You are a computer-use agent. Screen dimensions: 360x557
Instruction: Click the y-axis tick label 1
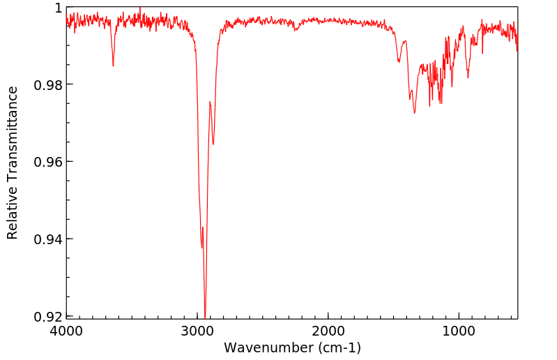[x=59, y=8]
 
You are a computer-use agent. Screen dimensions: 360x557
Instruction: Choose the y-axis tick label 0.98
[x=49, y=84]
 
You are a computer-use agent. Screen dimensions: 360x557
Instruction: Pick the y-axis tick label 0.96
[x=49, y=162]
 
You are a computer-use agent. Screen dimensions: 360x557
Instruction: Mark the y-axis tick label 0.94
[x=49, y=239]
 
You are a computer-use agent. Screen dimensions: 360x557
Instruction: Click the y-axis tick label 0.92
[x=49, y=316]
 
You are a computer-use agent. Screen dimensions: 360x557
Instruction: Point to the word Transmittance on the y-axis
[x=13, y=130]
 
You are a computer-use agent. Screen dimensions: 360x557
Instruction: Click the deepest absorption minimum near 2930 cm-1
[x=205, y=315]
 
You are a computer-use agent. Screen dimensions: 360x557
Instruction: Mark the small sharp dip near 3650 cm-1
[x=113, y=66]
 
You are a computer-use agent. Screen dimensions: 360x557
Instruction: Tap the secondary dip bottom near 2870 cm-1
[x=213, y=144]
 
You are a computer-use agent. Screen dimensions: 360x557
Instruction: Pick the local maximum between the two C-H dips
[x=210, y=102]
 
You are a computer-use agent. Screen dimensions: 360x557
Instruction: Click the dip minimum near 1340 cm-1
[x=414, y=112]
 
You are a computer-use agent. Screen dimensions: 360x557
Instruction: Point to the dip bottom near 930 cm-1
[x=468, y=77]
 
